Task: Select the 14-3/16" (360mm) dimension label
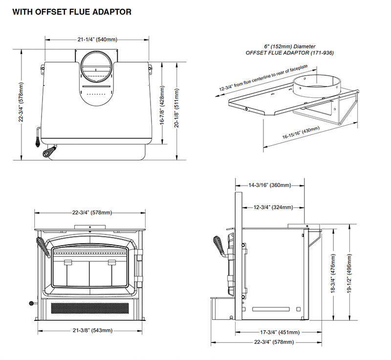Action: (x=270, y=185)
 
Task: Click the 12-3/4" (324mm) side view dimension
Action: (x=273, y=208)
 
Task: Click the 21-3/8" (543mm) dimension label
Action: (x=92, y=331)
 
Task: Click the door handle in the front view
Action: (x=43, y=248)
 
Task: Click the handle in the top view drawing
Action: (x=48, y=152)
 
